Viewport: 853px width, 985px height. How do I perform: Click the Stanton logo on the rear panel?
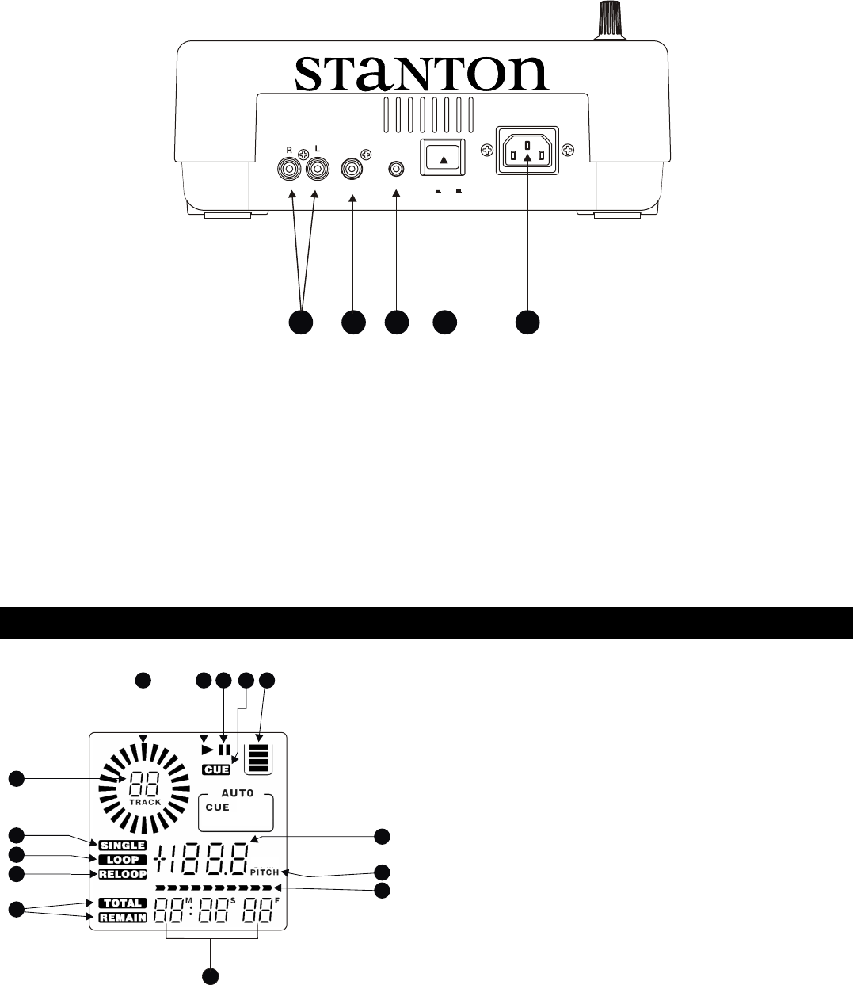(421, 73)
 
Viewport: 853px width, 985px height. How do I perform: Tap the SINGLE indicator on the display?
(122, 845)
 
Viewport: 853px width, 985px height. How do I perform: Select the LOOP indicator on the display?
(123, 859)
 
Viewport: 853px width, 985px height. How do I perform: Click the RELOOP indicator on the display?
(123, 874)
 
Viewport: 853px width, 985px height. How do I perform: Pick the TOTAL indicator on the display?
(122, 903)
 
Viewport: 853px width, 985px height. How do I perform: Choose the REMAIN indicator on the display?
(122, 917)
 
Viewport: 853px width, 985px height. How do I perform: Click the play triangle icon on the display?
(208, 749)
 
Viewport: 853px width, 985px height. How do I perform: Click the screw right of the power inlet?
(568, 151)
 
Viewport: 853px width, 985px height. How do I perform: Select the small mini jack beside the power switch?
(396, 168)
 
